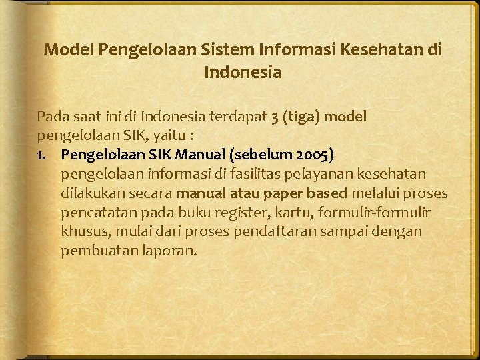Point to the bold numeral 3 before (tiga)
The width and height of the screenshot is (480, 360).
click(275, 117)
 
